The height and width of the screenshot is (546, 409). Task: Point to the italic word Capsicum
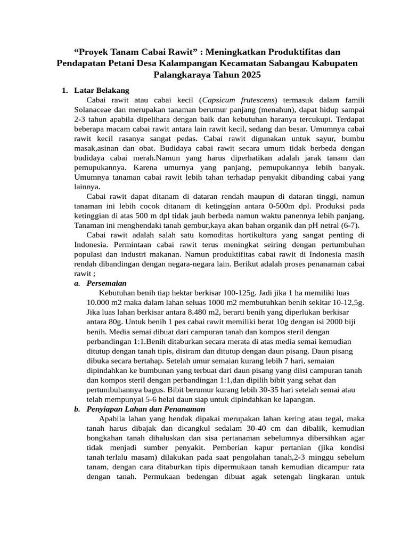(220, 100)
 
